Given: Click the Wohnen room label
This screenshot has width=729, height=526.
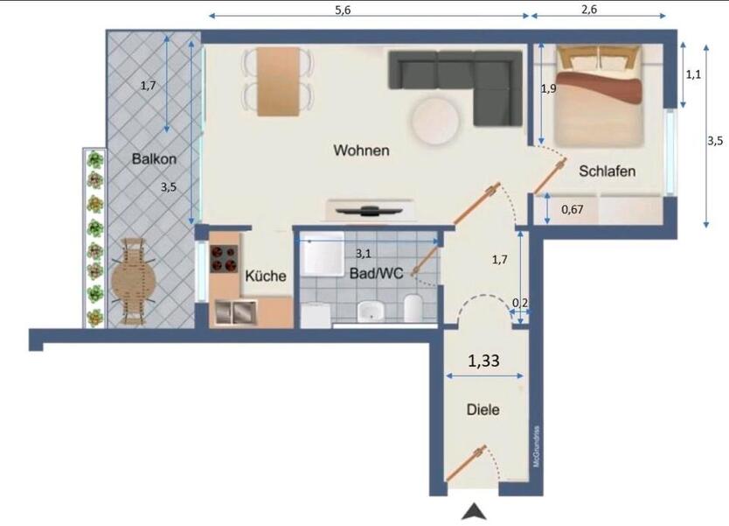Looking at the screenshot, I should tap(361, 151).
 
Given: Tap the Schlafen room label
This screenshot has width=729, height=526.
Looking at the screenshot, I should tap(607, 172).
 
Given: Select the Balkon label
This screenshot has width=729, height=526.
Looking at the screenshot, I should tap(155, 159).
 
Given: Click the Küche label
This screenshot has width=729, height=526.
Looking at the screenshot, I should tap(266, 276).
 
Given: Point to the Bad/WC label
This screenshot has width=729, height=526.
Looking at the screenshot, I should tap(377, 274).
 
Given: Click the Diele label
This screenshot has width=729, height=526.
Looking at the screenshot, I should tap(483, 409).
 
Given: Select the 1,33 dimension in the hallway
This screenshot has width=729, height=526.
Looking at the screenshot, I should tap(484, 359).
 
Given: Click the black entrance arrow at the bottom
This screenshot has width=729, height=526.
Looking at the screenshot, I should tap(473, 511).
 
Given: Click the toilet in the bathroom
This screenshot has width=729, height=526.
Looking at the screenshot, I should tap(414, 307).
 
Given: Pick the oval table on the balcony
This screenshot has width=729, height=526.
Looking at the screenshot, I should tap(133, 280).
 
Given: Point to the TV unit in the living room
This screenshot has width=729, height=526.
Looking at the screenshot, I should tap(371, 211).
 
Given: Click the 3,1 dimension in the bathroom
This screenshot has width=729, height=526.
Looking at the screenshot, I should tap(362, 253).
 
